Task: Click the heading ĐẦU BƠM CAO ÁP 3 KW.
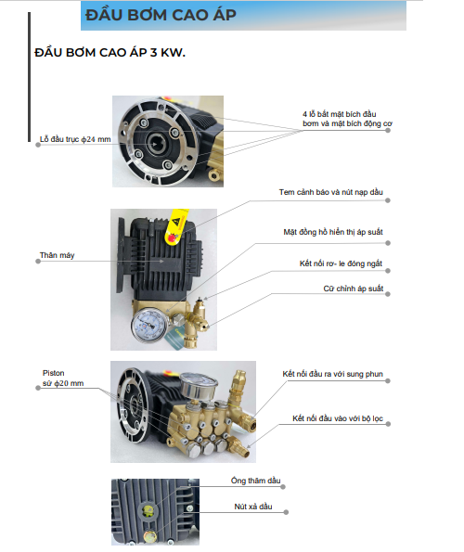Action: [110, 55]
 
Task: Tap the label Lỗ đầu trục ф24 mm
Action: [75, 138]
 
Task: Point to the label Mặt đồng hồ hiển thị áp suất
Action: [340, 232]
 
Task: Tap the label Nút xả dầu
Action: [251, 507]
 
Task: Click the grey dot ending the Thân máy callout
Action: [38, 261]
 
